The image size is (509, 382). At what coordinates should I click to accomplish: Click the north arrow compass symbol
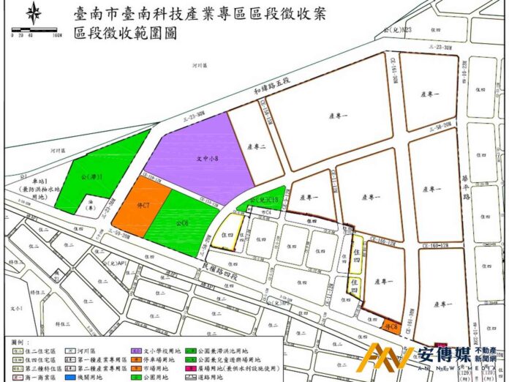34,13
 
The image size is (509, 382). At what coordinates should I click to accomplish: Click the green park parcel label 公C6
183,222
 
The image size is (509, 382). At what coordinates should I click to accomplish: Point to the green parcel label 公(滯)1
93,176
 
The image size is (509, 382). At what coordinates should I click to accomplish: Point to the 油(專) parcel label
87,206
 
